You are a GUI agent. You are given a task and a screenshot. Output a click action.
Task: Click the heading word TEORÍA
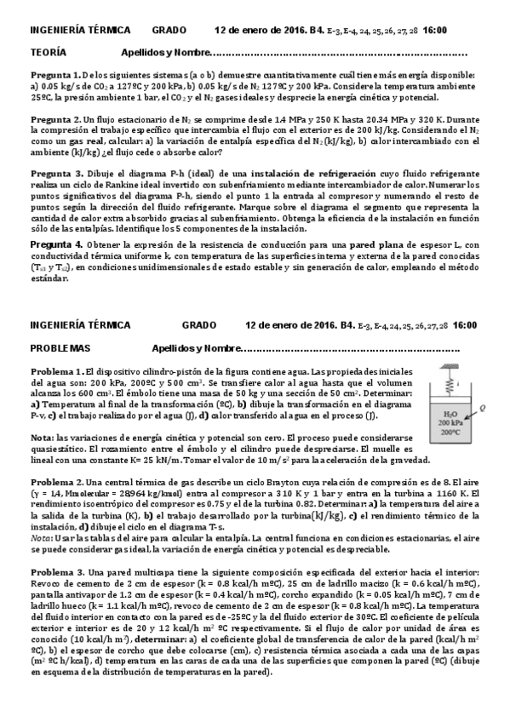[x=49, y=51]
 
